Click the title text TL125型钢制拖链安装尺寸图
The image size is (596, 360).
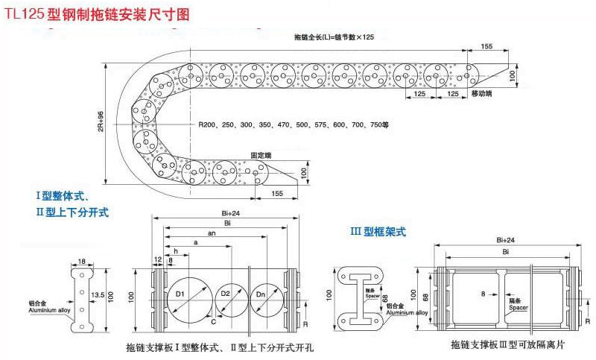(95, 13)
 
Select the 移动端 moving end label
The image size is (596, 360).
(482, 92)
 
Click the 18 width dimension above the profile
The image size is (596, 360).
(81, 261)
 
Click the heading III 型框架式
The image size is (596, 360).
(378, 232)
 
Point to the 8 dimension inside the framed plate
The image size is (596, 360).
(483, 294)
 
